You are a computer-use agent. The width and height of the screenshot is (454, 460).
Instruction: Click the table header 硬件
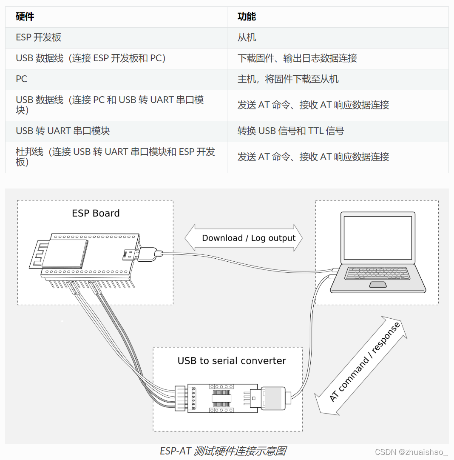(x=25, y=17)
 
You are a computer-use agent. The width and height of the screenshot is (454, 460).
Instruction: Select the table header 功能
(x=247, y=17)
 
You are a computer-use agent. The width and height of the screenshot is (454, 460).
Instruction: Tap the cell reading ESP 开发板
(x=39, y=37)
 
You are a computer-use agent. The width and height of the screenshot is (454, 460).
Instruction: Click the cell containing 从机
(x=247, y=37)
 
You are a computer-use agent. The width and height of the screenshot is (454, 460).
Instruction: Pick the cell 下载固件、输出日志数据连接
(x=297, y=58)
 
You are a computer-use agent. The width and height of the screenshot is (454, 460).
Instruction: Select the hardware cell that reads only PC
(x=22, y=79)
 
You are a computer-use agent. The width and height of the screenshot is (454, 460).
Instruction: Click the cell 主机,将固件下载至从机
(x=288, y=79)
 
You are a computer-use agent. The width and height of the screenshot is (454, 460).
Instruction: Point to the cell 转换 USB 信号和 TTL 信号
(x=291, y=131)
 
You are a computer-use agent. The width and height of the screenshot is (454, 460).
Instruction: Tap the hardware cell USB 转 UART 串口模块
(x=63, y=131)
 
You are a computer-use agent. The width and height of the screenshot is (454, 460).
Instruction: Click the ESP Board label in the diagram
(x=96, y=213)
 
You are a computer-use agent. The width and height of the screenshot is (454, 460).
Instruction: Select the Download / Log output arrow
(x=244, y=238)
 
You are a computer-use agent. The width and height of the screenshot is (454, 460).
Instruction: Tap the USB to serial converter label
(x=232, y=361)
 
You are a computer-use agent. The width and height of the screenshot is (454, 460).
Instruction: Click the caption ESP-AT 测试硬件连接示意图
(x=223, y=451)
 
